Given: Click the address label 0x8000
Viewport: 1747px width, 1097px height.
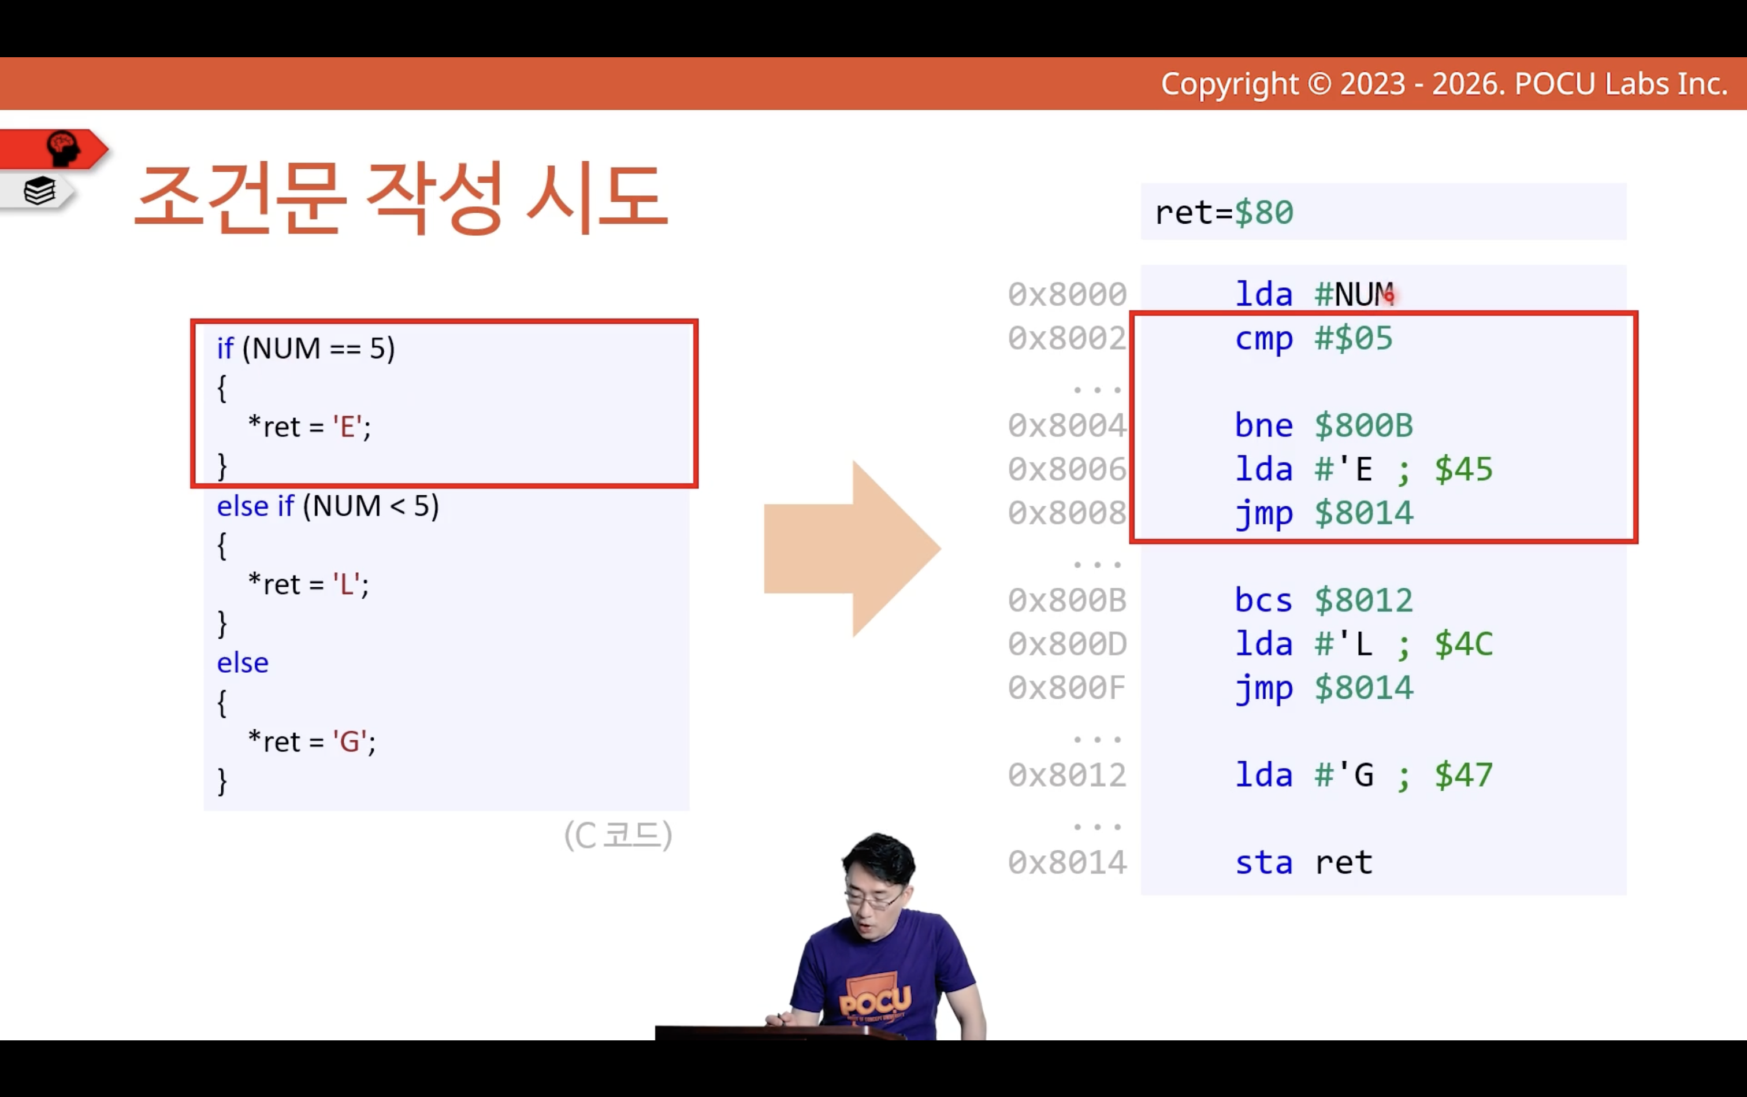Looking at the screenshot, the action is [1067, 295].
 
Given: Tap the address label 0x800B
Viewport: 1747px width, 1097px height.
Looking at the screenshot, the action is [1067, 601].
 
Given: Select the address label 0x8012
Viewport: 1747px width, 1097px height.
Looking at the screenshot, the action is [1067, 776].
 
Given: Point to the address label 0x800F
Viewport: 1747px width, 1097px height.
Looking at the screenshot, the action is [1067, 688].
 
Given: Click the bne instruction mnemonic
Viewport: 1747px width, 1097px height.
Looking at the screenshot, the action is [1263, 425].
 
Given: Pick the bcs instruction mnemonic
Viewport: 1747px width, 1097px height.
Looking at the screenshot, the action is [1263, 601].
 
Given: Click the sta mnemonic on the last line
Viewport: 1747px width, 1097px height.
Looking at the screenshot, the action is [1263, 863].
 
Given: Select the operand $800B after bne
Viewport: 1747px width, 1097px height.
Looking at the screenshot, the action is [1364, 425].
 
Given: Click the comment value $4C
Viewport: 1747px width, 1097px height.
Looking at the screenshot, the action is [1463, 644].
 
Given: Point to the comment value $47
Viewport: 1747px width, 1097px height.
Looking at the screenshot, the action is [1463, 776].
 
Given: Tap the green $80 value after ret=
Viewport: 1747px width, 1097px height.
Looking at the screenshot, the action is [1264, 213].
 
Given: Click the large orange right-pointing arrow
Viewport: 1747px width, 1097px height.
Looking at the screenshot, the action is [852, 548].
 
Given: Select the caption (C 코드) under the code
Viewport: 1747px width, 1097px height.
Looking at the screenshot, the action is [619, 835].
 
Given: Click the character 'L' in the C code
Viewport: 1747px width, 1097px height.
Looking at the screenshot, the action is [347, 584].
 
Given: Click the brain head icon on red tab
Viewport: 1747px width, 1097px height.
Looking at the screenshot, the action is [63, 149].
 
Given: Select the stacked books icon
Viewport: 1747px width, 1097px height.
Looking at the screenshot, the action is [39, 191].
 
